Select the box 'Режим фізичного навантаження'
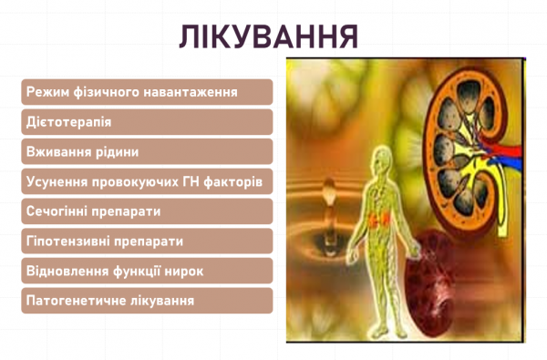(147, 92)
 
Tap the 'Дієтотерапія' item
(147, 122)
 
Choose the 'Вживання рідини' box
(147, 152)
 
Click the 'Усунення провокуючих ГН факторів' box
(147, 182)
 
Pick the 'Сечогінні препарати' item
(147, 211)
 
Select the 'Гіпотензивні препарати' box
(147, 242)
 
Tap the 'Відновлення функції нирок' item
(147, 271)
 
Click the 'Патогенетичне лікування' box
(147, 301)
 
